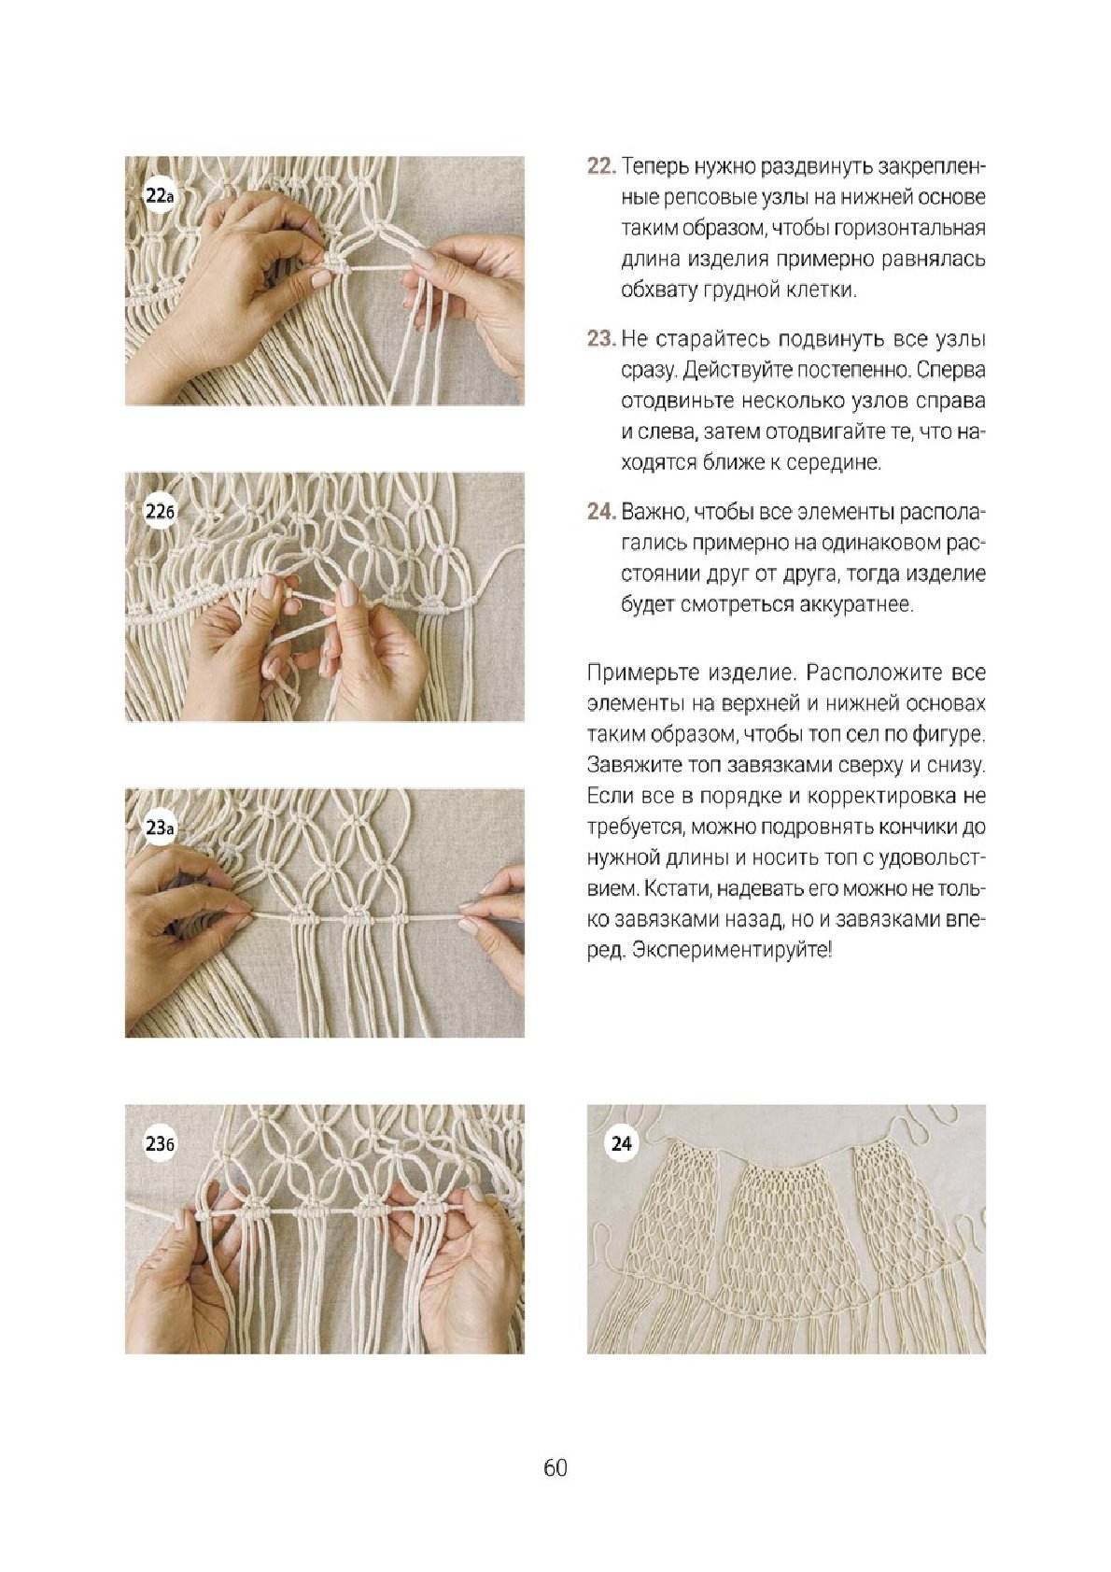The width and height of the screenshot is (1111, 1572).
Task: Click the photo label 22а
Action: pyautogui.click(x=160, y=195)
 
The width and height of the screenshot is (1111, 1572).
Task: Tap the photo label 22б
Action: pyautogui.click(x=160, y=512)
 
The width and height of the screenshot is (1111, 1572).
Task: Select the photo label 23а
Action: pyautogui.click(x=160, y=828)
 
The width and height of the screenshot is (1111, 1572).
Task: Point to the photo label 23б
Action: pyautogui.click(x=160, y=1144)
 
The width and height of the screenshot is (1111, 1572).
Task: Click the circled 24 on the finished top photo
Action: pyautogui.click(x=622, y=1144)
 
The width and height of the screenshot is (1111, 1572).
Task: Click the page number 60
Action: pyautogui.click(x=555, y=1467)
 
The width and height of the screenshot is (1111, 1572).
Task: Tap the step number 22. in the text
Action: pyautogui.click(x=602, y=167)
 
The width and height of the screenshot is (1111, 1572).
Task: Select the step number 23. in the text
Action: pyautogui.click(x=602, y=340)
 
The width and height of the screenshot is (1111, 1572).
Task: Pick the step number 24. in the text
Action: pyautogui.click(x=602, y=512)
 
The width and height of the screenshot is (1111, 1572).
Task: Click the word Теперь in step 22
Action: pyautogui.click(x=654, y=167)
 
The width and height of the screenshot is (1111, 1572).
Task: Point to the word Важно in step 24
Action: pyautogui.click(x=654, y=512)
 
